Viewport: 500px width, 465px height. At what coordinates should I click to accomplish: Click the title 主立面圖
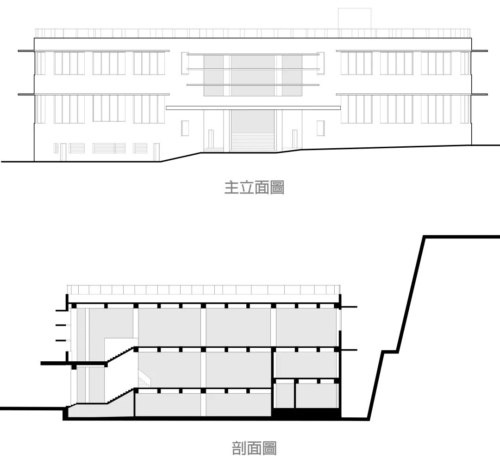254,187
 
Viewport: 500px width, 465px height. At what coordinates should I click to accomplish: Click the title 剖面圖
254,448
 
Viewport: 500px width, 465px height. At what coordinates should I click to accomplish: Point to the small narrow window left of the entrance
185,128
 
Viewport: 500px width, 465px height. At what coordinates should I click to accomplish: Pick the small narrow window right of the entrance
320,128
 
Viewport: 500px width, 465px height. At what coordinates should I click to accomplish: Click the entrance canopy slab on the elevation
253,108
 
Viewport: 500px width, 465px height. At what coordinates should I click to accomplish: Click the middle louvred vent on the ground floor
109,148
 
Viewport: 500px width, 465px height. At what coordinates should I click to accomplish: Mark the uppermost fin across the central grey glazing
253,55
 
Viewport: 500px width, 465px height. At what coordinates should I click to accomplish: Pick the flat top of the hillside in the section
461,237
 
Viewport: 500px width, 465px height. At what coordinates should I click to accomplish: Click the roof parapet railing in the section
204,289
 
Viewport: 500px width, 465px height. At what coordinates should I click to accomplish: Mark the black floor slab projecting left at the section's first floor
55,363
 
